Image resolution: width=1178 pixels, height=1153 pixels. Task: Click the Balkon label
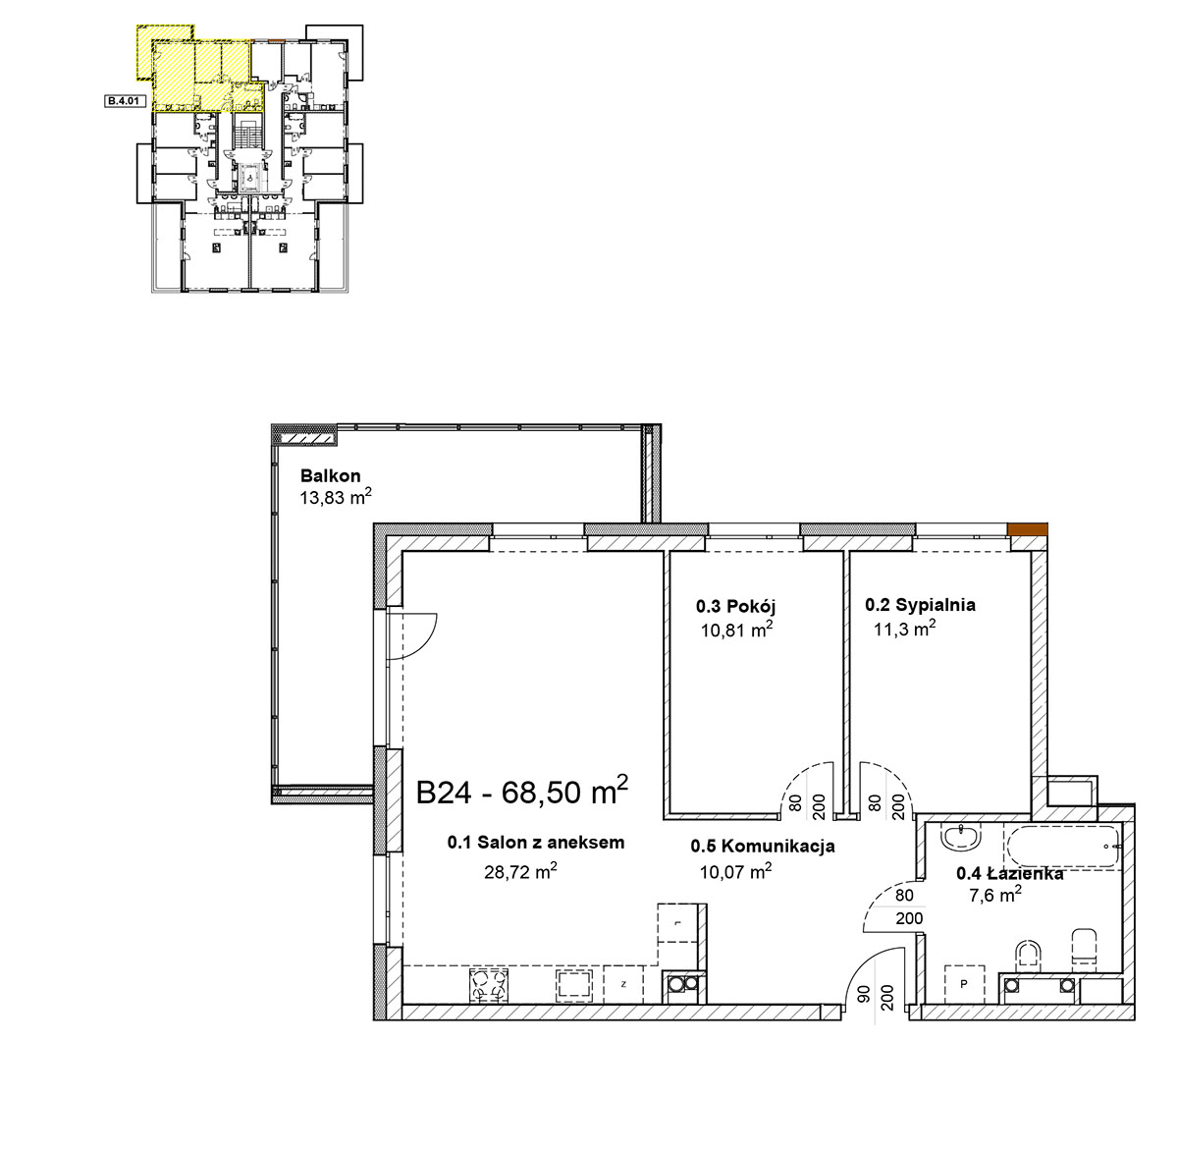pyautogui.click(x=331, y=475)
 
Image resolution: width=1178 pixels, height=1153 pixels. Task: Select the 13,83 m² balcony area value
pyautogui.click(x=336, y=497)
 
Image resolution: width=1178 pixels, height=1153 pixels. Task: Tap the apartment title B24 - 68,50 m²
pyautogui.click(x=522, y=791)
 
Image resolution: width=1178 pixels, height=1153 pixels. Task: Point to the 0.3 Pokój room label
pyautogui.click(x=735, y=606)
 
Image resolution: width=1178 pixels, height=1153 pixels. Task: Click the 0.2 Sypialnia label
pyautogui.click(x=920, y=605)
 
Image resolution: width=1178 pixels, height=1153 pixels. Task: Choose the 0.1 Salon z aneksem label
pyautogui.click(x=536, y=843)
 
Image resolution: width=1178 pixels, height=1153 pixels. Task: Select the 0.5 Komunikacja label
pyautogui.click(x=763, y=846)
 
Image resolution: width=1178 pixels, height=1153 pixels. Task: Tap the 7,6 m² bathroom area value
pyautogui.click(x=995, y=895)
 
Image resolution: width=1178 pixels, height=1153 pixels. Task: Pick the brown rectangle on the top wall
pyautogui.click(x=1027, y=529)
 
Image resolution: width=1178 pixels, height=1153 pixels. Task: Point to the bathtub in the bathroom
pyautogui.click(x=1062, y=847)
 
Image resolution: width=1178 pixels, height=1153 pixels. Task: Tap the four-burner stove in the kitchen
pyautogui.click(x=489, y=985)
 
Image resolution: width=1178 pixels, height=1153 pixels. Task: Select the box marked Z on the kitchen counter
pyautogui.click(x=623, y=985)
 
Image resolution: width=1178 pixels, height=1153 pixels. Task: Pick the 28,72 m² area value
pyautogui.click(x=520, y=871)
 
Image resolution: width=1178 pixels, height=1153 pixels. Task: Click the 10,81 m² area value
pyautogui.click(x=736, y=630)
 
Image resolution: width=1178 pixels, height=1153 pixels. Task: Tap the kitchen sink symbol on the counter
pyautogui.click(x=574, y=985)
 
